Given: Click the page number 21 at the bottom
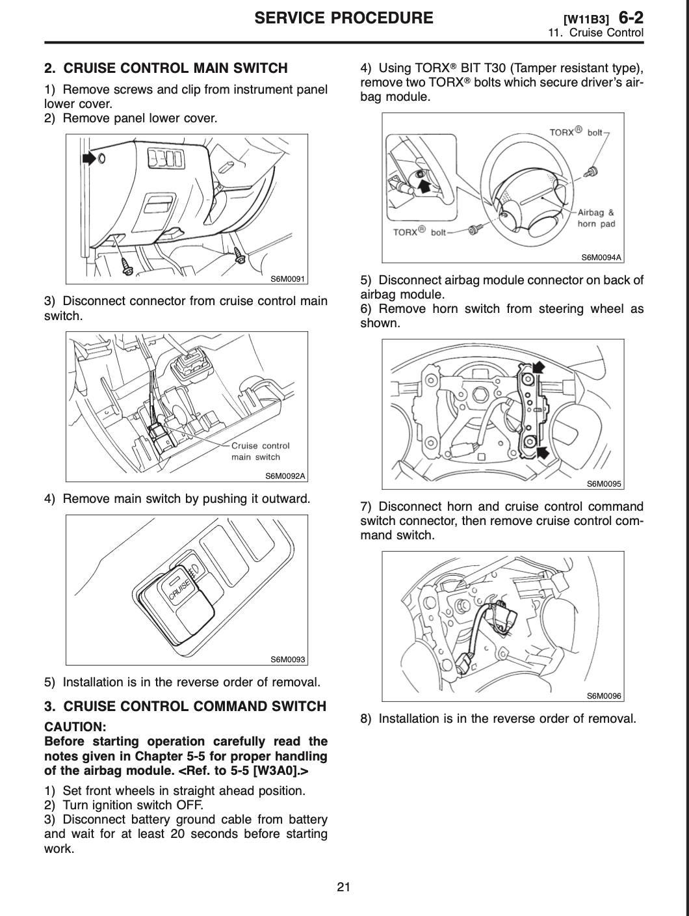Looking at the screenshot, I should [344, 887].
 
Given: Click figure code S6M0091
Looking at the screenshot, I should [288, 279].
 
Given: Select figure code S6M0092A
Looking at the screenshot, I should [285, 476].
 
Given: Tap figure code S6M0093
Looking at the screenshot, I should [288, 660].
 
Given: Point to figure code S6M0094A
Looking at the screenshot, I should [601, 257].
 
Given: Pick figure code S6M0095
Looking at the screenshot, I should [604, 483].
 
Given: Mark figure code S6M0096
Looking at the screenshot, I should [604, 695].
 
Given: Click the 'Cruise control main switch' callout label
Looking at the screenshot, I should [260, 451].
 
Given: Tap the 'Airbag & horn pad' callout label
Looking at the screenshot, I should [596, 218].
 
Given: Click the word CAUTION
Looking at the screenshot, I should [75, 727].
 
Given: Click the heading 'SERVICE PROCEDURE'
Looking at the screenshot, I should [344, 18].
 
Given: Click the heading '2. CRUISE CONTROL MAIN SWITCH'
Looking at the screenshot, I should [166, 68].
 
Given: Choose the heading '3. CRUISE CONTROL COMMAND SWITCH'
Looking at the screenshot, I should [185, 707].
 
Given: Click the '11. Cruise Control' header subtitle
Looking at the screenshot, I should [596, 33].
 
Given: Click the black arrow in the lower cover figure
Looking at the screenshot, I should [88, 157].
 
